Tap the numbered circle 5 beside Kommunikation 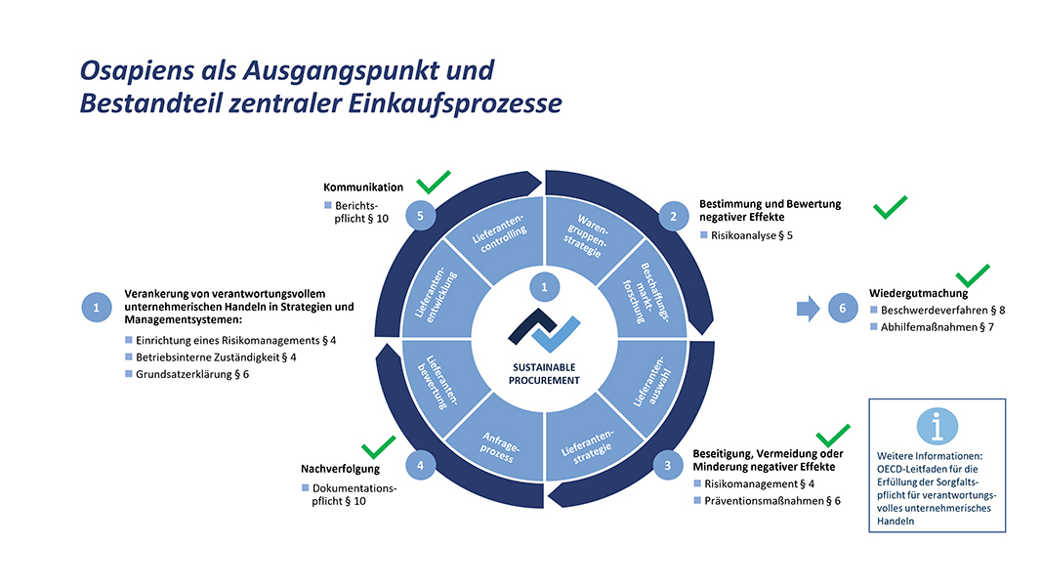[x=420, y=215]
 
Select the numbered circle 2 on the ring [x=673, y=216]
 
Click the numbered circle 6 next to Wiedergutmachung [x=843, y=309]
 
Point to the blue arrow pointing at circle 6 [x=808, y=309]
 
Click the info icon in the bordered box [x=937, y=426]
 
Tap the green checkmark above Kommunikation [x=434, y=182]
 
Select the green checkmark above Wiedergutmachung [x=973, y=275]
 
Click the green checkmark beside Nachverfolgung [x=379, y=447]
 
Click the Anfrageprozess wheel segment [x=500, y=443]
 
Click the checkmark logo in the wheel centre [x=544, y=330]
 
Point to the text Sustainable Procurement [x=544, y=374]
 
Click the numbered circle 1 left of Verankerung [x=97, y=308]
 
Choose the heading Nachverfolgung [x=340, y=469]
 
